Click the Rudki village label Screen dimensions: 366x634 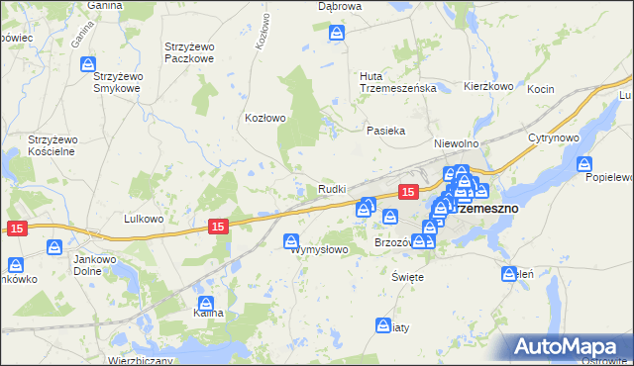pos(331,190)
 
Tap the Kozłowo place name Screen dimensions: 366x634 pos(265,118)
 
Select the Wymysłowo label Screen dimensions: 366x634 pos(319,250)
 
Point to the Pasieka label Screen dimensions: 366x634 pos(386,131)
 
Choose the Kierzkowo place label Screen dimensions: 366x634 pos(488,87)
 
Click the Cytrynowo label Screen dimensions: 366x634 pos(553,137)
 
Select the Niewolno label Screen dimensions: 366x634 pos(457,143)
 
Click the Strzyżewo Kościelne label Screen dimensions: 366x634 pos(53,145)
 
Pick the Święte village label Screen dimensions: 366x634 pos(407,277)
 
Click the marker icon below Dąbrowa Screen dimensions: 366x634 pos(338,34)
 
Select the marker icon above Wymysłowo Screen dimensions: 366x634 pos(292,240)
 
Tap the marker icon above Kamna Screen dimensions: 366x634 pos(206,304)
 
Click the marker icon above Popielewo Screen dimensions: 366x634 pos(585,166)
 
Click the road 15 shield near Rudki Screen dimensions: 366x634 pos(406,190)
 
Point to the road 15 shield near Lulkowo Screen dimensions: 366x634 pos(219,227)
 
